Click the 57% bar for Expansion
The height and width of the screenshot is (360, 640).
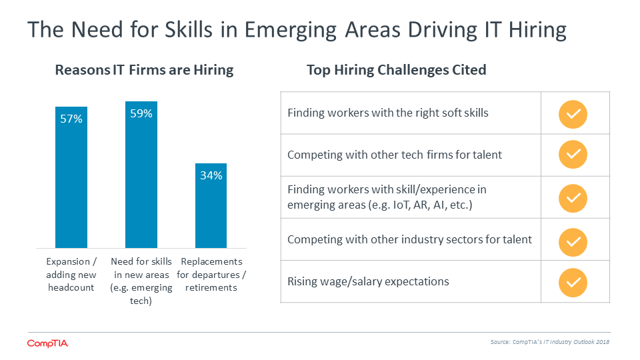(71, 177)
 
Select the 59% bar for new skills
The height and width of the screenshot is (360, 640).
(141, 174)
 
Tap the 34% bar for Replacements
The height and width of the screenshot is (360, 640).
(211, 205)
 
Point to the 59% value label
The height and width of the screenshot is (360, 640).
(141, 113)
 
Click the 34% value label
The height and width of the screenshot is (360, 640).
(211, 175)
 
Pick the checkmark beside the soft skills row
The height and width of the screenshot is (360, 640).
(573, 114)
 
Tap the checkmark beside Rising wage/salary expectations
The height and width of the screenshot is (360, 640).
(573, 283)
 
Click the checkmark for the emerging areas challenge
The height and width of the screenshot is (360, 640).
(573, 199)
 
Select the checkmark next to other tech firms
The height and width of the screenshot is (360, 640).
(573, 154)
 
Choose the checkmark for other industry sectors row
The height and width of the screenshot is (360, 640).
(573, 242)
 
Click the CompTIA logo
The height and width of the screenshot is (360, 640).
(48, 344)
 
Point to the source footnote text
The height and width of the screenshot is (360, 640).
(550, 342)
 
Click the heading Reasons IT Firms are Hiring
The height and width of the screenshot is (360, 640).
(144, 70)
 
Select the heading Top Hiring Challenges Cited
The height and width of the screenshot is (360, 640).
(396, 70)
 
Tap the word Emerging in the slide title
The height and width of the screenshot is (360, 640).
(291, 30)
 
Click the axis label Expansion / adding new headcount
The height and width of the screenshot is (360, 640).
(71, 274)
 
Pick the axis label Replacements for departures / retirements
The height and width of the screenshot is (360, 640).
(211, 274)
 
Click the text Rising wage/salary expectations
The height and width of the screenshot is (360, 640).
(368, 281)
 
